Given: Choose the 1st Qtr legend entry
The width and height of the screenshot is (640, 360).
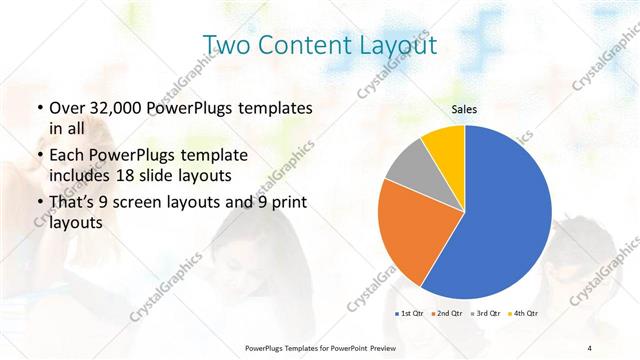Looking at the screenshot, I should (x=411, y=314).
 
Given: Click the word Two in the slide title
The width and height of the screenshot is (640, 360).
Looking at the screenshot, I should (x=226, y=45).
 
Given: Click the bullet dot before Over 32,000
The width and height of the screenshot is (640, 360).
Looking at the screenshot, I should (x=39, y=108).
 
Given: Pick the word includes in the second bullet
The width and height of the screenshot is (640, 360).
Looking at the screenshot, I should (x=81, y=177).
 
